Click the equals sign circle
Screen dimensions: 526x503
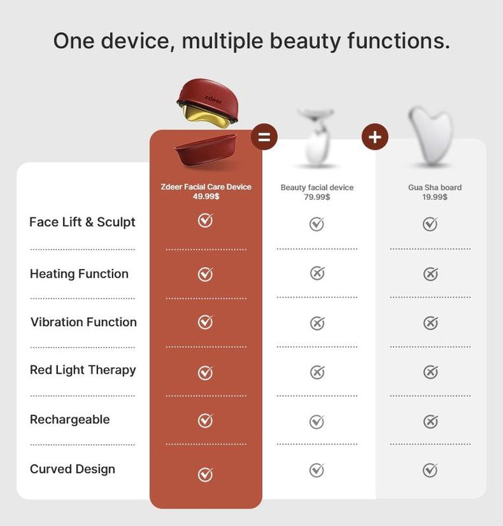point(264,138)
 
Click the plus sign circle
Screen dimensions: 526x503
point(375,136)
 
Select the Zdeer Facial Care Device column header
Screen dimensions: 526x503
point(206,192)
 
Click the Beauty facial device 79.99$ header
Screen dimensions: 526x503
point(317,192)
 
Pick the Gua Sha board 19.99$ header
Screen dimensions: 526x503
point(434,192)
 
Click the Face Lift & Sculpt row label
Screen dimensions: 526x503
point(82,222)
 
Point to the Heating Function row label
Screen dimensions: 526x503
point(79,274)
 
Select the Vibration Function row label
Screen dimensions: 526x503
point(84,322)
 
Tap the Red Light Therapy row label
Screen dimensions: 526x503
point(82,370)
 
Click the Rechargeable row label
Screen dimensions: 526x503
point(70,420)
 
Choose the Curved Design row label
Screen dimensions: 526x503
point(72,469)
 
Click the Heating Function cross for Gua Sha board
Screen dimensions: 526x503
point(430,274)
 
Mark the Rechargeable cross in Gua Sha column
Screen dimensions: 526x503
point(430,421)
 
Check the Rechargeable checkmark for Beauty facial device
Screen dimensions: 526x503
point(317,421)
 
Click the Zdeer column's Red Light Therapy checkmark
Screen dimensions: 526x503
point(205,372)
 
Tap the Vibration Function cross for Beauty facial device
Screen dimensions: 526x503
point(317,323)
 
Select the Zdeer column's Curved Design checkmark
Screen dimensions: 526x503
point(205,474)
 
